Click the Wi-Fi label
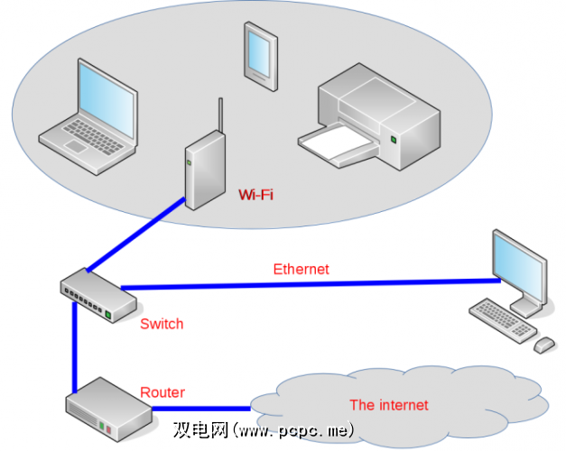pyautogui.click(x=255, y=194)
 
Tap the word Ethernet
pyautogui.click(x=301, y=269)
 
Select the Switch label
pyautogui.click(x=162, y=323)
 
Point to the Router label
pyautogui.click(x=162, y=392)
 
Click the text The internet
pyautogui.click(x=389, y=405)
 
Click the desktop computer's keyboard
pyautogui.click(x=502, y=319)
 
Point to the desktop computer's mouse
pyautogui.click(x=543, y=345)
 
